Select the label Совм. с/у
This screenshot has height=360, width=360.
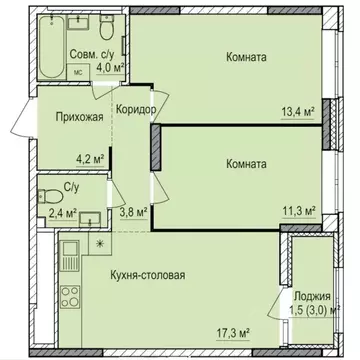tap(98, 54)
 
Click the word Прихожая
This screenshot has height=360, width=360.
tap(68, 116)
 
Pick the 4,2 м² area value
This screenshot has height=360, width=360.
tap(92, 155)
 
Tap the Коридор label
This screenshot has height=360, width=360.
tap(134, 110)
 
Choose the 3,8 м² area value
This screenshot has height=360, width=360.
tap(134, 211)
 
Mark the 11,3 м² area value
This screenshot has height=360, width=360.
tap(295, 211)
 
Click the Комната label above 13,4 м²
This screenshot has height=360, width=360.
tap(246, 57)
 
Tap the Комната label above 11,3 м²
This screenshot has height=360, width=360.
tap(246, 162)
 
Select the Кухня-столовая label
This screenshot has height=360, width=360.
tap(148, 273)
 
